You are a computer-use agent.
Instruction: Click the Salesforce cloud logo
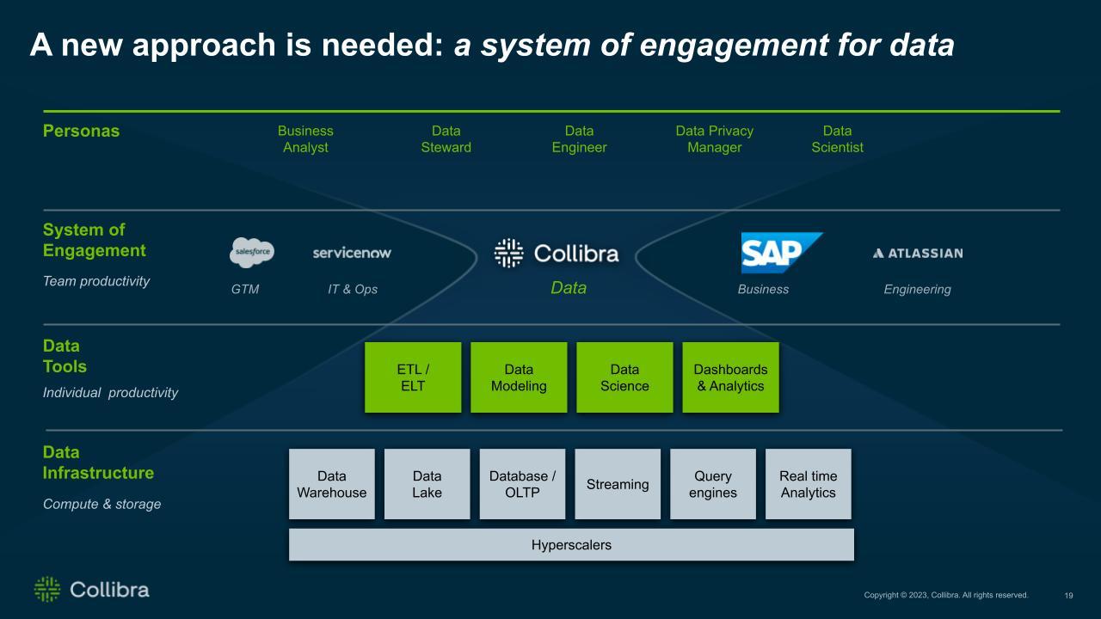(252, 253)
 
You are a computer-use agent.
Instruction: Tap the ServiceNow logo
(352, 253)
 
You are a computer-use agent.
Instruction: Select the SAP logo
(781, 253)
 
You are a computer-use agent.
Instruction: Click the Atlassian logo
(917, 253)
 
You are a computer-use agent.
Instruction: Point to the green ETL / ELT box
(413, 377)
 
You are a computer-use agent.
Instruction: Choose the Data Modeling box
(519, 377)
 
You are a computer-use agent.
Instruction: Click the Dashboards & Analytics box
(730, 377)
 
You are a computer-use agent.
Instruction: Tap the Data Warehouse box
(331, 484)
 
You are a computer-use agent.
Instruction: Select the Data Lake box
(427, 484)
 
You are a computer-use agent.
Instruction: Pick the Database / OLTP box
(522, 484)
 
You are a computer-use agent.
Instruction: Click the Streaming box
(618, 484)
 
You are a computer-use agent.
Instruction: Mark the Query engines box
(713, 484)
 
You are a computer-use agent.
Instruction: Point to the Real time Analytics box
(808, 484)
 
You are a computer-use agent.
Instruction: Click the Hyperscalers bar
(571, 544)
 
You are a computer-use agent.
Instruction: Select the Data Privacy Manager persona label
(714, 139)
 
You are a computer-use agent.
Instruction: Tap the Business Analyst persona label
(305, 139)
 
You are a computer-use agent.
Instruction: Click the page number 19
(1069, 595)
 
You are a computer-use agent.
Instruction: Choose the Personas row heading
(82, 132)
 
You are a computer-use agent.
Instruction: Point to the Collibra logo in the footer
(91, 589)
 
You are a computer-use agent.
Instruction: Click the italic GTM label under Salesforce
(245, 290)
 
